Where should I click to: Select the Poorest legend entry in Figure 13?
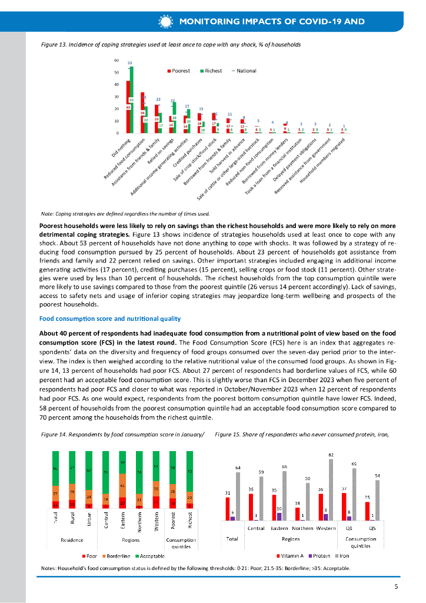pos(180,71)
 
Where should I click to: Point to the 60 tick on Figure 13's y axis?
pos(117,61)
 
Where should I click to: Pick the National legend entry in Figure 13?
pos(244,71)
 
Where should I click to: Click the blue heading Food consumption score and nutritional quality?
pos(109,319)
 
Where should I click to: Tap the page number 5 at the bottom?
pos(397,587)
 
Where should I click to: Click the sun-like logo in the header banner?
pos(165,22)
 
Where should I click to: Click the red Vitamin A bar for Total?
pos(227,509)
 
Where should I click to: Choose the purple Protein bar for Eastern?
pos(279,516)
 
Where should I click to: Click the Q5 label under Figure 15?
pos(372,528)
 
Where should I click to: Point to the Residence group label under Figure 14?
pos(72,539)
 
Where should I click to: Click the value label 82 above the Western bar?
pos(331,455)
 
